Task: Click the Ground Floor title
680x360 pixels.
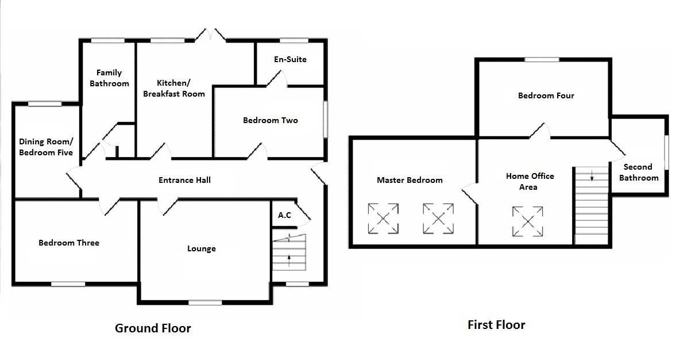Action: click(153, 328)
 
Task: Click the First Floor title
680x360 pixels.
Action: click(496, 325)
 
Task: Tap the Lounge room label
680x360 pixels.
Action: click(201, 249)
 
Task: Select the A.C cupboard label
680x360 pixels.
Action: click(284, 215)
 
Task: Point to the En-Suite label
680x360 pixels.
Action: click(290, 59)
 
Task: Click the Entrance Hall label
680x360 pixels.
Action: click(184, 180)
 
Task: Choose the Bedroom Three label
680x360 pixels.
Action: click(69, 243)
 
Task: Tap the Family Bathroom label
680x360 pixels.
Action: click(109, 78)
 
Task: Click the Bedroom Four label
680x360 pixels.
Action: click(546, 95)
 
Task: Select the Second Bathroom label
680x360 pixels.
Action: click(639, 173)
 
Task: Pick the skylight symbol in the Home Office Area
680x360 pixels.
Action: click(527, 221)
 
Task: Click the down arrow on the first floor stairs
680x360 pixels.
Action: click(592, 175)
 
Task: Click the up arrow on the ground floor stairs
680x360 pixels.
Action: click(289, 260)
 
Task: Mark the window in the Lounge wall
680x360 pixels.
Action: click(205, 302)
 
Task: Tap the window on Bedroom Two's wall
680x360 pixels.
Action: click(326, 120)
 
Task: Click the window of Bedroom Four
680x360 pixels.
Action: click(542, 59)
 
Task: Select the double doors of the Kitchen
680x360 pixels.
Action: click(210, 35)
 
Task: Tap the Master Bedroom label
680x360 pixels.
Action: click(410, 180)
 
